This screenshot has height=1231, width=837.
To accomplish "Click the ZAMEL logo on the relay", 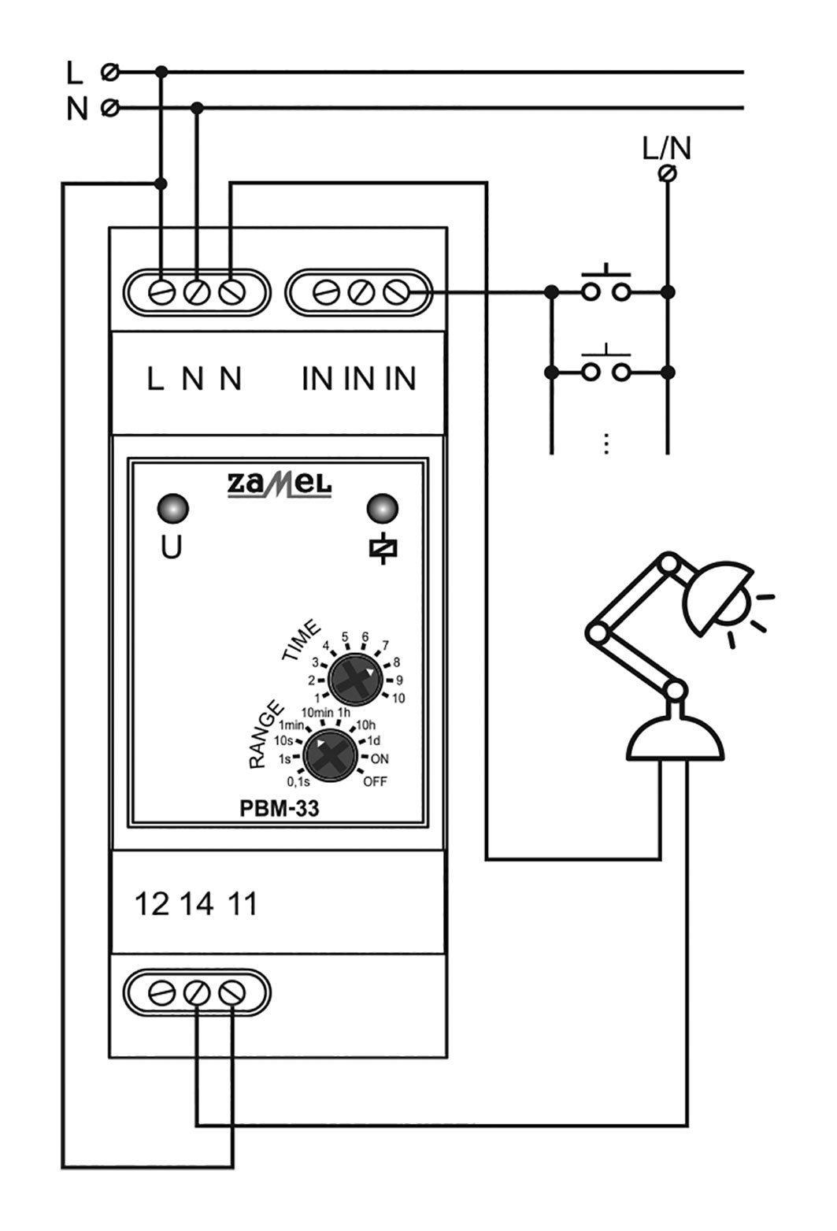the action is (x=280, y=485).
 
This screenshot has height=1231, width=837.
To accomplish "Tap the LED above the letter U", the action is (x=173, y=508).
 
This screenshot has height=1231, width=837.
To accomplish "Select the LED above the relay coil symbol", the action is (x=383, y=508).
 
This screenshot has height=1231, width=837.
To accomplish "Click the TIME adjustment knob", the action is (x=355, y=679).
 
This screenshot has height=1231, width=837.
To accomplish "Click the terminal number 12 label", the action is (x=152, y=904).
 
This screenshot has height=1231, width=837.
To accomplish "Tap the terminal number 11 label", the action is (x=243, y=904).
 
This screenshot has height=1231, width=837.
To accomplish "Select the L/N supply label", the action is (x=667, y=148).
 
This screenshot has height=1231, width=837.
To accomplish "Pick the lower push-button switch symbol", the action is (x=606, y=365).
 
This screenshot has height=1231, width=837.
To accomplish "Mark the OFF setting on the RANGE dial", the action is (x=376, y=781).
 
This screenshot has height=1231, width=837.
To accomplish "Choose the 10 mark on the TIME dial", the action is (x=398, y=698).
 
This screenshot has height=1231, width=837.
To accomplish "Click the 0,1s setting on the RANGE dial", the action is (x=298, y=781).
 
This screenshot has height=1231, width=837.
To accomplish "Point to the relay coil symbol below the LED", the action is (x=383, y=548).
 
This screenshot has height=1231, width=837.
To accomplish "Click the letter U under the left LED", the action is (x=172, y=547).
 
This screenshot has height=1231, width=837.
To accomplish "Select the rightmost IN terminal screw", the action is (x=396, y=292).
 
